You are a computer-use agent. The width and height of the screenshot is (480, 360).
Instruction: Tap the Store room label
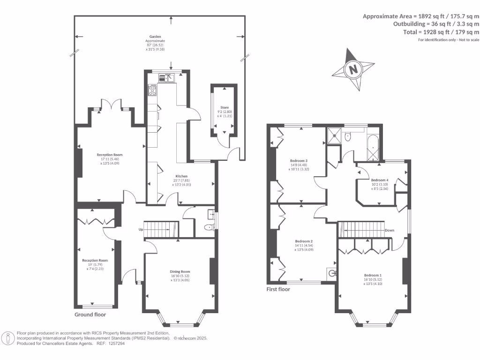click(224, 107)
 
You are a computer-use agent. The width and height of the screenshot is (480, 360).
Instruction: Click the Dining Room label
click(180, 271)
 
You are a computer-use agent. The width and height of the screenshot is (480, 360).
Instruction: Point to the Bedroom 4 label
click(380, 180)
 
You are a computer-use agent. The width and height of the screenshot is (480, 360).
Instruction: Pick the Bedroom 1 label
click(373, 275)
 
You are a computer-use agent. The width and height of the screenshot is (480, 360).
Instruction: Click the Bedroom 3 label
click(299, 160)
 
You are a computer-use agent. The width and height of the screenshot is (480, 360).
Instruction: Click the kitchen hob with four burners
click(153, 90)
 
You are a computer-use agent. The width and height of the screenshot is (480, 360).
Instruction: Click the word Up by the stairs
click(141, 230)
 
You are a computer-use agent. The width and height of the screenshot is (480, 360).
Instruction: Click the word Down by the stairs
click(390, 230)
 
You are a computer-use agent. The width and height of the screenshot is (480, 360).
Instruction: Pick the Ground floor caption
click(90, 315)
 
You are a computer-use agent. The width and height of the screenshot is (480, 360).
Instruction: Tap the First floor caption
click(278, 289)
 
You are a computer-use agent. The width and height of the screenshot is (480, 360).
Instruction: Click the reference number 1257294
click(117, 343)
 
